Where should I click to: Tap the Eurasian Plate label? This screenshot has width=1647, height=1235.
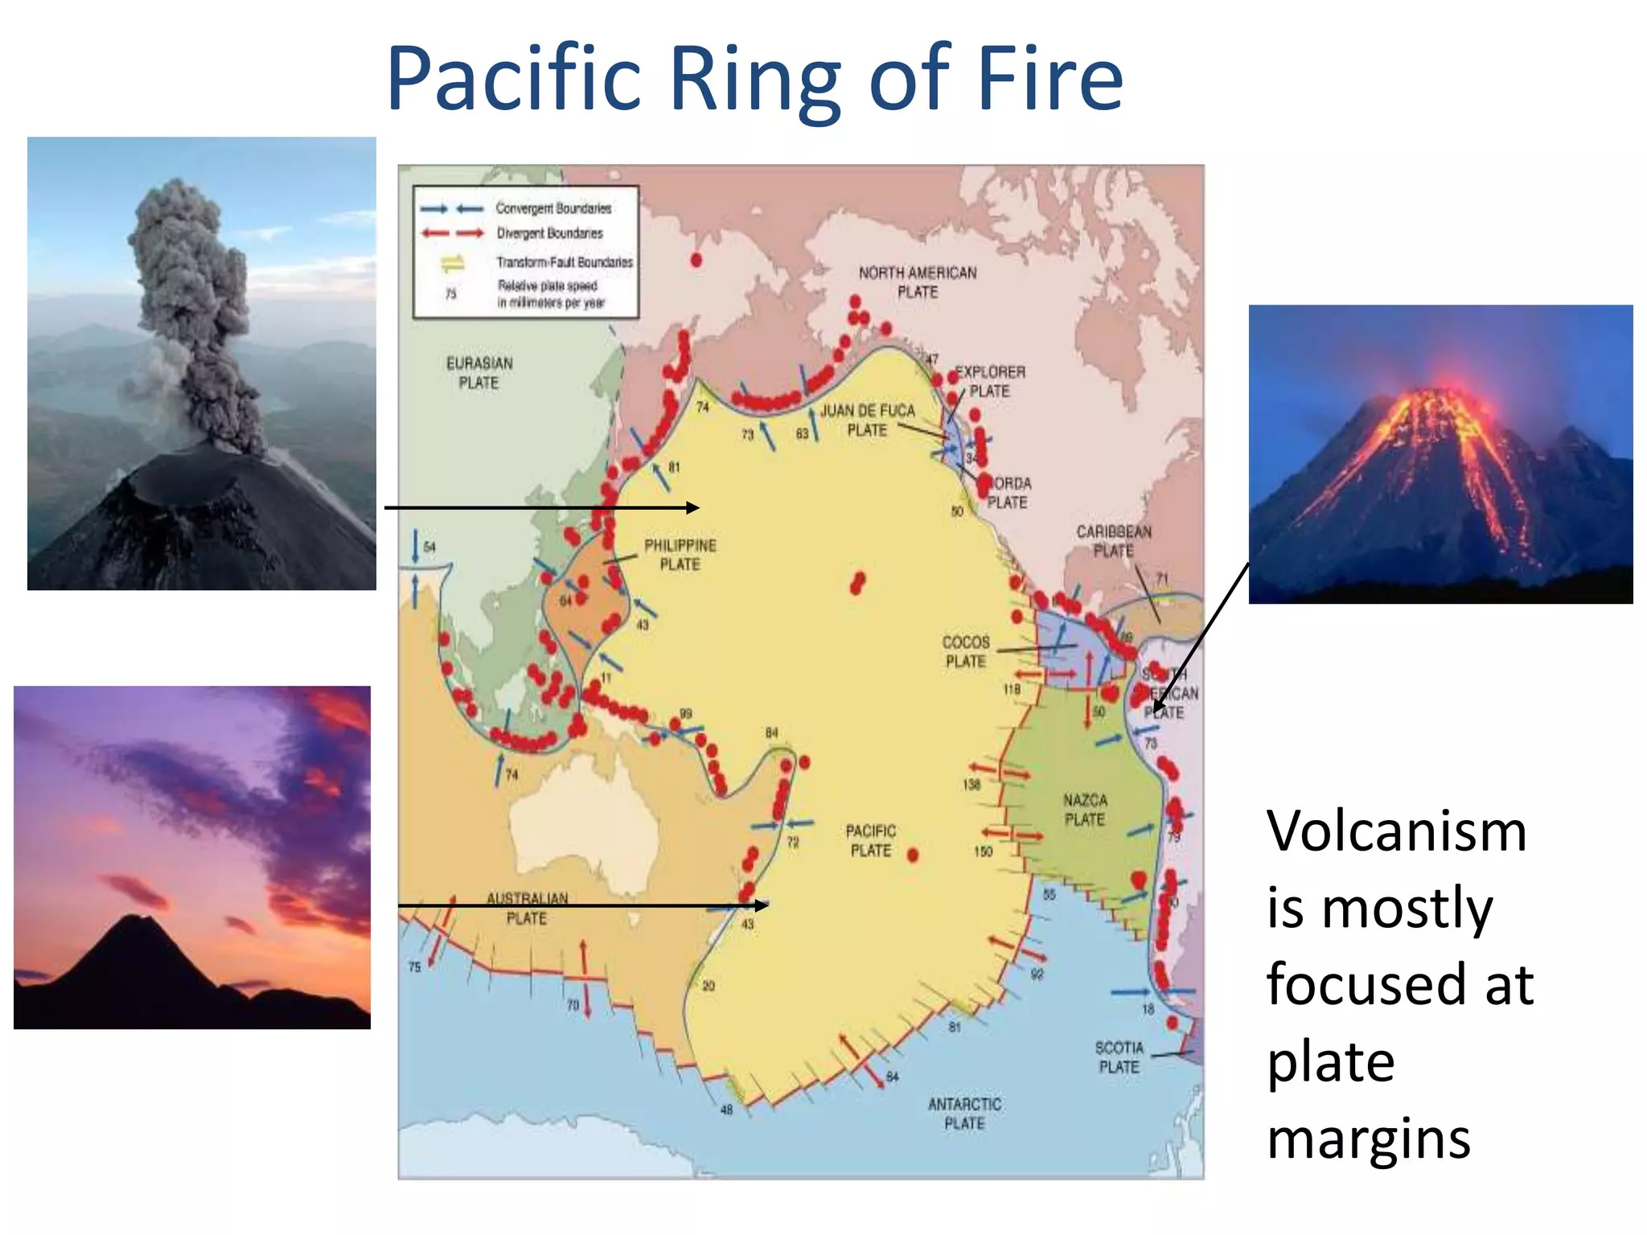point(479,373)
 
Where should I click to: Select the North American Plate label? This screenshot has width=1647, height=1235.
point(917,282)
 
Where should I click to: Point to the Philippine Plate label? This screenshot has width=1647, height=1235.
point(680,555)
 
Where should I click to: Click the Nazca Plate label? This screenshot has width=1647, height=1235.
point(1085,810)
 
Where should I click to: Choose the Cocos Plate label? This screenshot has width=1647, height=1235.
point(965,651)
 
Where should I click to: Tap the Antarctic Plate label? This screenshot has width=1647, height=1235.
point(964,1114)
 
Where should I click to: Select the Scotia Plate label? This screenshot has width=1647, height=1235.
point(1119,1057)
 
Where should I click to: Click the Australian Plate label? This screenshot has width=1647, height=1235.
point(527,909)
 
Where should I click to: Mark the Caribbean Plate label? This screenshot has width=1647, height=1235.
point(1114,541)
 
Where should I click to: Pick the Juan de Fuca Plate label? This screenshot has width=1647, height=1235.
point(867,421)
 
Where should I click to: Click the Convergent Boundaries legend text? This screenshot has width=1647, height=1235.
point(553,208)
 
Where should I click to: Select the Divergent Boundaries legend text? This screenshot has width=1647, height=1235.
point(549,233)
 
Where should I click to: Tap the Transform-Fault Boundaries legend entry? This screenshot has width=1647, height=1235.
point(564,262)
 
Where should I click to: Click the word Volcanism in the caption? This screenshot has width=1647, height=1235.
point(1396,831)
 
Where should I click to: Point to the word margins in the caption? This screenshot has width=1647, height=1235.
point(1369,1139)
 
